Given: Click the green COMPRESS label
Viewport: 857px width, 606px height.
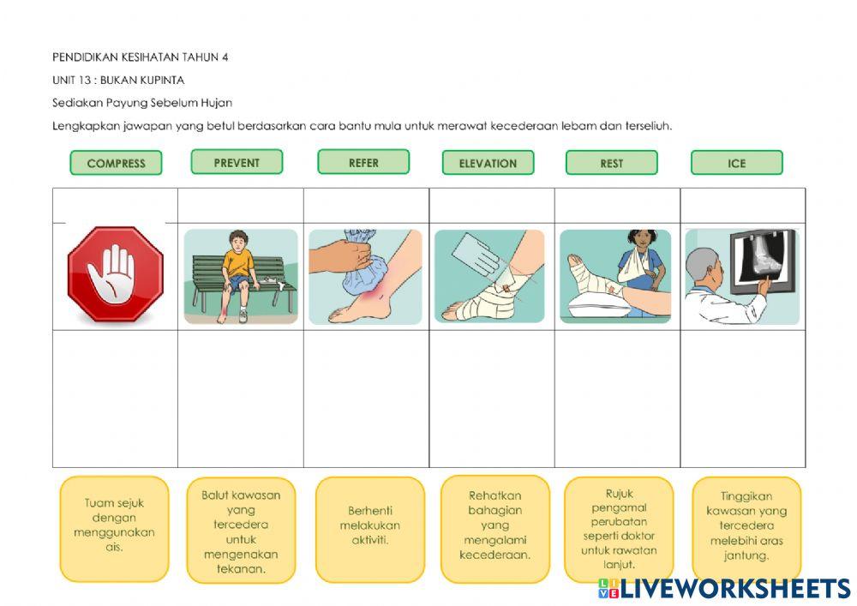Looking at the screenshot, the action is [x=116, y=163].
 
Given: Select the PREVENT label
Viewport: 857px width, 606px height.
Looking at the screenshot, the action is [x=237, y=162].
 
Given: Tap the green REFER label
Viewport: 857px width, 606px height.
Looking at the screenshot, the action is [x=363, y=162].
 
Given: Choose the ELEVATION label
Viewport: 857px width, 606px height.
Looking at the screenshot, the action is [x=488, y=163].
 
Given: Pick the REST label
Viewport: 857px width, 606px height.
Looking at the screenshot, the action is [x=612, y=163].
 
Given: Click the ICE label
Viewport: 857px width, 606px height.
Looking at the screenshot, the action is [x=737, y=163].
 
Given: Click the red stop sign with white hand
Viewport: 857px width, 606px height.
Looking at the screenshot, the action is [x=116, y=274].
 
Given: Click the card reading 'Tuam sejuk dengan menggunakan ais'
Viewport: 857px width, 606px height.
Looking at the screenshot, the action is [x=115, y=528].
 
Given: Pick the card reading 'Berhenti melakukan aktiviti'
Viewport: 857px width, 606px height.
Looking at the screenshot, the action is [x=370, y=529].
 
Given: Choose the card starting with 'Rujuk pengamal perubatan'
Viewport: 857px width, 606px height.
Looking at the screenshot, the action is [x=619, y=529].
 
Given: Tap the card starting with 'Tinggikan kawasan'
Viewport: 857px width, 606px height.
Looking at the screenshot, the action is [x=746, y=528].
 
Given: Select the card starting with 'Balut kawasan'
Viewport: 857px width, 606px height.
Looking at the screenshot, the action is [x=241, y=530].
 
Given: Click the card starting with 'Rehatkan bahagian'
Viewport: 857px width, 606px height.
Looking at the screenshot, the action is [x=495, y=529].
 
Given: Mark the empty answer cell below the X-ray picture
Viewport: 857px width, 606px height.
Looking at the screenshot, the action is [x=743, y=399].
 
